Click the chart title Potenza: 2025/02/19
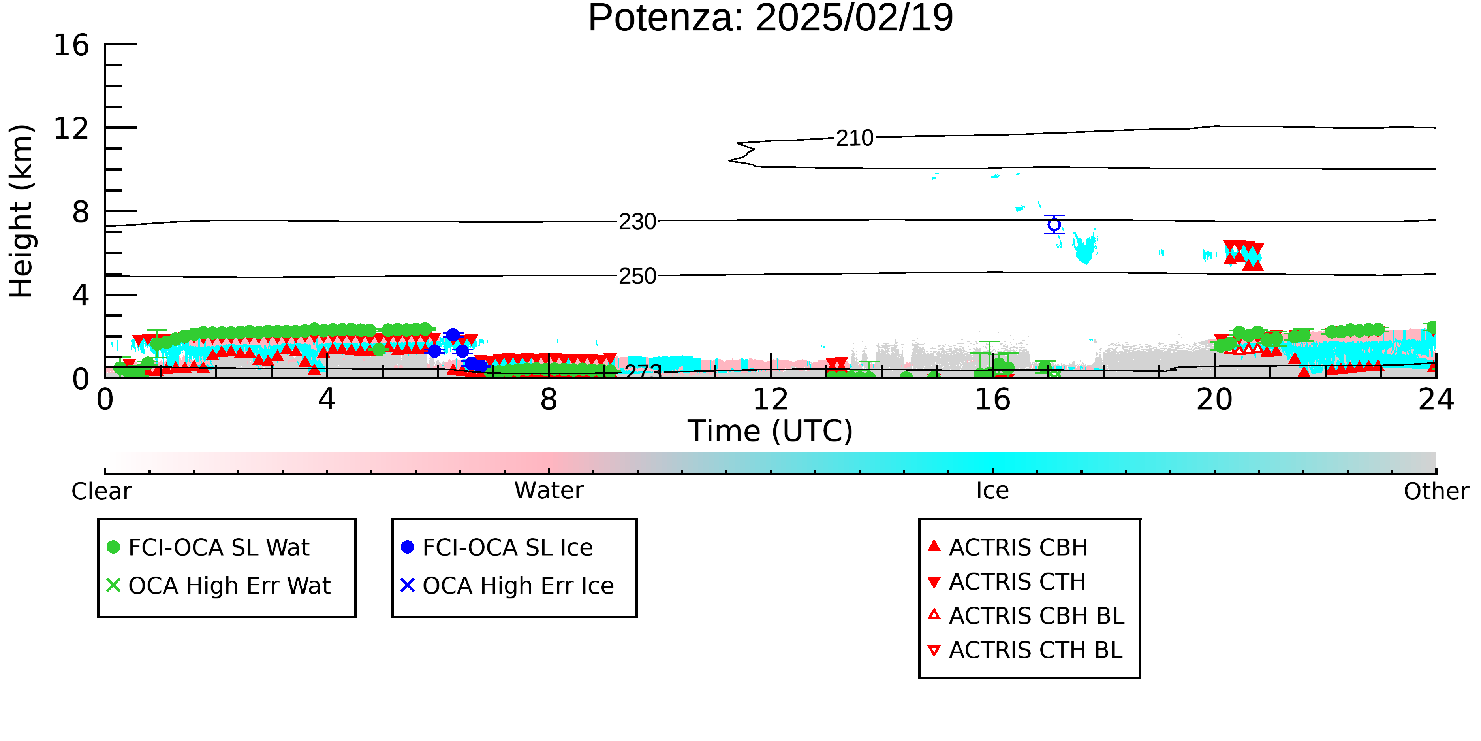[771, 19]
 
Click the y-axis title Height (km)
[22, 211]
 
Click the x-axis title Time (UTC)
[771, 431]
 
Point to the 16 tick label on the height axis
[72, 45]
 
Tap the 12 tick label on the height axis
[72, 128]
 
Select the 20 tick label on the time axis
[1214, 399]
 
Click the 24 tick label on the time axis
[1436, 399]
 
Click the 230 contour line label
[637, 221]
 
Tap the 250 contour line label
[637, 276]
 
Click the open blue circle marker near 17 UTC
[1054, 225]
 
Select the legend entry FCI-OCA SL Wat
[208, 547]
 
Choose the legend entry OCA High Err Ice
[507, 586]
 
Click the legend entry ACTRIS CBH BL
[1026, 616]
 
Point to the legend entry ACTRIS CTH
[1007, 582]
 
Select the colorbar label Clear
[101, 491]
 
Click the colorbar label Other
[1436, 491]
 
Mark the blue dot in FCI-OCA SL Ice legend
[408, 547]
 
